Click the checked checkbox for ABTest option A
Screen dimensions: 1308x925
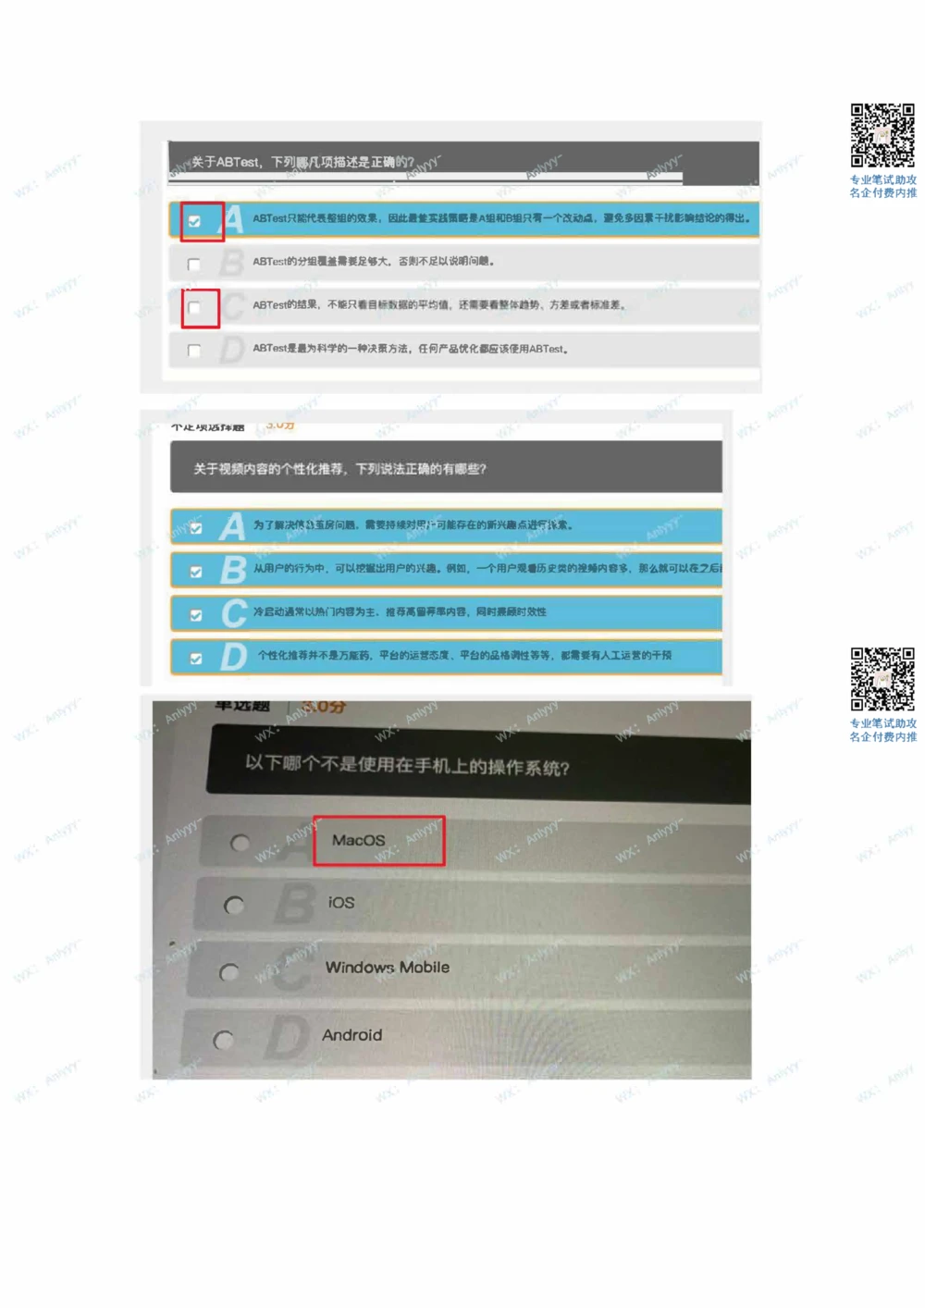(194, 221)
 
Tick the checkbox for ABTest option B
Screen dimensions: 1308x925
(194, 265)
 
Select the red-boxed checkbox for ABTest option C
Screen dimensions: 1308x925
(194, 308)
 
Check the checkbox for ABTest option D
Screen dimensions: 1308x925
(194, 351)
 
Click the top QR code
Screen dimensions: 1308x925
(882, 135)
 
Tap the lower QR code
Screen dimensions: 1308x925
(882, 679)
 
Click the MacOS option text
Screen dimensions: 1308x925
(359, 840)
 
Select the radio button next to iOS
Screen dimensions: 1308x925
(234, 906)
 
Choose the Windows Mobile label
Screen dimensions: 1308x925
(388, 968)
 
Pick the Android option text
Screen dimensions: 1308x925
(351, 1035)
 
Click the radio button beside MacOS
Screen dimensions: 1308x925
(240, 843)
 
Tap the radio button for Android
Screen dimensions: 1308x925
(223, 1041)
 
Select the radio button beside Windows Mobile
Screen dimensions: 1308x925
(228, 972)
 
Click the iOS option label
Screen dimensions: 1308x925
(341, 903)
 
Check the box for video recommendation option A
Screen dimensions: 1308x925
(196, 528)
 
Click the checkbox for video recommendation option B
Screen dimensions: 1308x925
(196, 572)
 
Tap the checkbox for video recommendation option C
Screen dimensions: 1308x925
(196, 615)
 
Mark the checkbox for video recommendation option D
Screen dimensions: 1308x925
(196, 659)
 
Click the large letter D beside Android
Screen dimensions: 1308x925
(286, 1038)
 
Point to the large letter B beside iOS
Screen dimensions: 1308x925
(295, 904)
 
